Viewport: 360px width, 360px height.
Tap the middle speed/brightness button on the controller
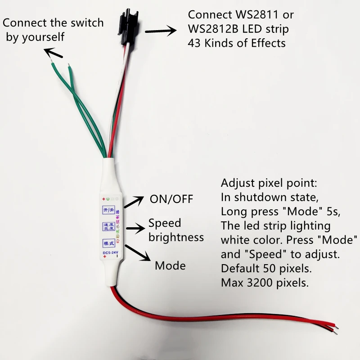click(108, 226)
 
